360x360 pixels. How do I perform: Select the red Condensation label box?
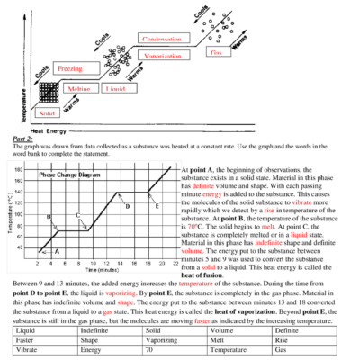point(162,39)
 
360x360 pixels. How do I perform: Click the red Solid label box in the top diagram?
point(47,114)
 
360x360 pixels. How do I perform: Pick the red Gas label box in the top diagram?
point(215,52)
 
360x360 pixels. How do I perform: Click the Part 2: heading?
point(23,141)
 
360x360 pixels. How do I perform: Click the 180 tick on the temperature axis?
point(19,168)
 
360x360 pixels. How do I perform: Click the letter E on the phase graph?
point(157,206)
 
